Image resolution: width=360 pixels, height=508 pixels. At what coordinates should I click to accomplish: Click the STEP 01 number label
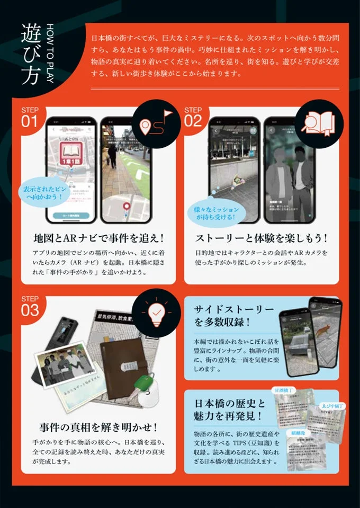30,117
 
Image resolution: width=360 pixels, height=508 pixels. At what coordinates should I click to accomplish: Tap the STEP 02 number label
193,117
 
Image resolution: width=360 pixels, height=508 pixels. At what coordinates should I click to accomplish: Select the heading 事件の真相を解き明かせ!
99,426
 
